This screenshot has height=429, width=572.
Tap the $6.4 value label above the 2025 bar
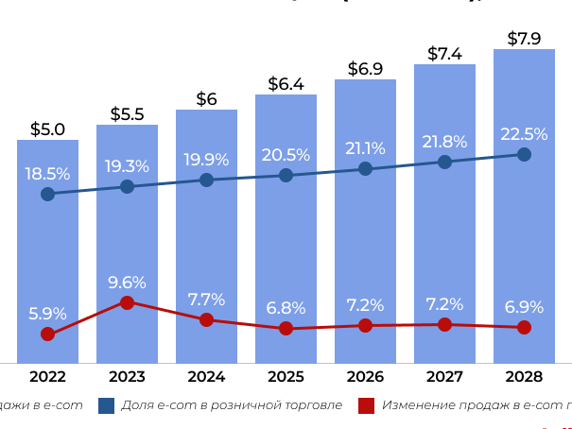coord(286,84)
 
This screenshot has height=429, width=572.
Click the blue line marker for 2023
coord(128,187)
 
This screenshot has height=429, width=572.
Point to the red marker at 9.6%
coord(128,302)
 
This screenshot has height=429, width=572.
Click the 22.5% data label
coord(524,134)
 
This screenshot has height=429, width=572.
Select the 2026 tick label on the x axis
coord(365,376)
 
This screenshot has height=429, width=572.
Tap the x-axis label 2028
coord(524,376)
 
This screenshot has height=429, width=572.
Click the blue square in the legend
coord(106,405)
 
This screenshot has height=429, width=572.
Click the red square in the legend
coord(367,405)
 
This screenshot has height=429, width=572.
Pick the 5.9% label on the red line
coord(47,313)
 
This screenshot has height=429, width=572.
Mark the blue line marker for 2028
coord(524,154)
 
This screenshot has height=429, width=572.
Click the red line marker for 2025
coord(286,329)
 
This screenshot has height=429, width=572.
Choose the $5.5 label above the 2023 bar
coord(128,114)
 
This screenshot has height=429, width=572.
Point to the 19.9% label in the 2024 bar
coord(206,159)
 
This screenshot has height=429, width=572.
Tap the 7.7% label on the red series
coord(206,300)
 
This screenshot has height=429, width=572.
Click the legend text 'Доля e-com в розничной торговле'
coord(232,405)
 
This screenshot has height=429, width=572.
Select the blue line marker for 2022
coord(47,195)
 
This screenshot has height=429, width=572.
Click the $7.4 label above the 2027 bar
coord(444,54)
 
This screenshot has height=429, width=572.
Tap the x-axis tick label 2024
coord(206,376)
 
